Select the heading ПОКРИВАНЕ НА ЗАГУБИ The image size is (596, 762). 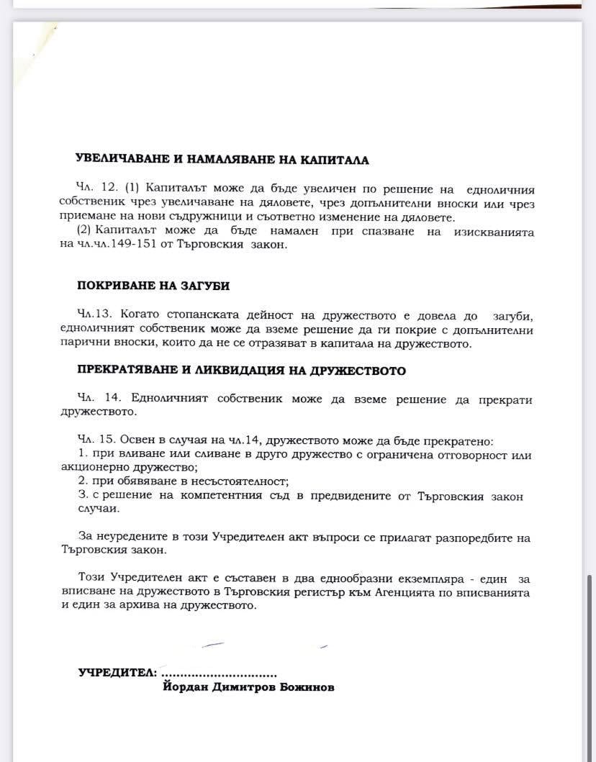(153, 286)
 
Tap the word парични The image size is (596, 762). (83, 343)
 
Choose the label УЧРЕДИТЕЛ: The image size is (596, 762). (117, 673)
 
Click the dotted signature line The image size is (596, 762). (220, 675)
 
